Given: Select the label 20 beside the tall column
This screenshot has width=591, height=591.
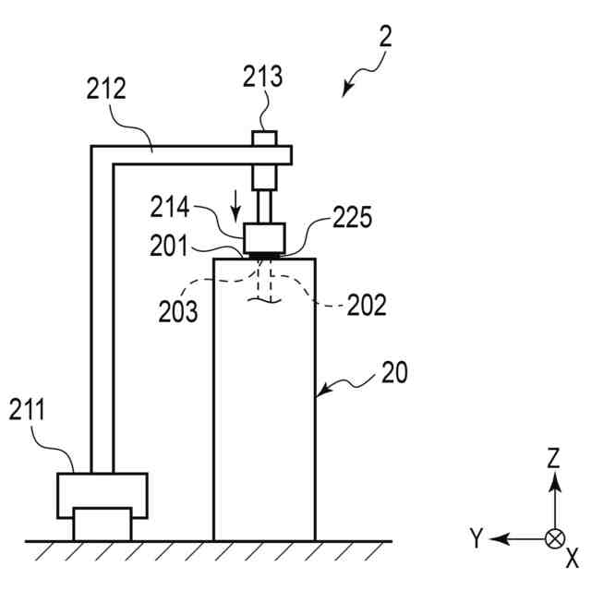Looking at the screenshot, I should pyautogui.click(x=394, y=372).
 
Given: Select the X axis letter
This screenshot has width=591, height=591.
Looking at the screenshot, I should pyautogui.click(x=572, y=557).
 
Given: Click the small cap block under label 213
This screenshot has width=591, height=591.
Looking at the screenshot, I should pyautogui.click(x=266, y=139).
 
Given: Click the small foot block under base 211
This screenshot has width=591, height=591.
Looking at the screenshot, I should pyautogui.click(x=102, y=525).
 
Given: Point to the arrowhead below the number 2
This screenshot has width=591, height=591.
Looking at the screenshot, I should pyautogui.click(x=346, y=90).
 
